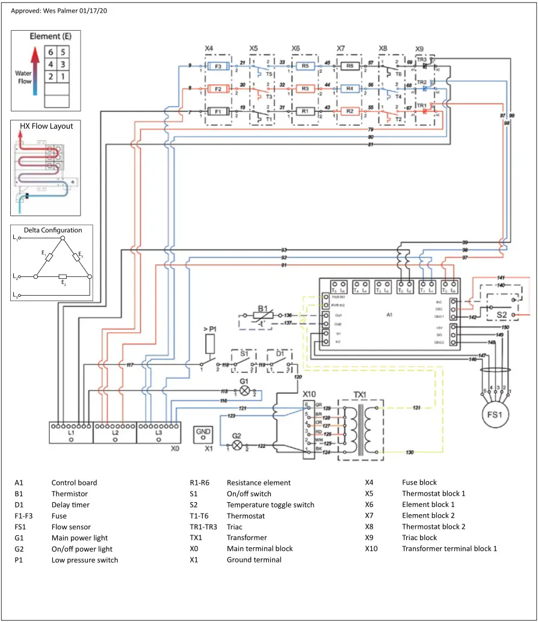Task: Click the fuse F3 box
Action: click(218, 66)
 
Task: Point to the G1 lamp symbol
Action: click(244, 390)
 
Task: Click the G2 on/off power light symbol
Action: click(237, 446)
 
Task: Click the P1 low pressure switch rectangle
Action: click(210, 344)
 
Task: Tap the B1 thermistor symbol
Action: click(263, 315)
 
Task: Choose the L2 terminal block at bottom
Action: click(116, 433)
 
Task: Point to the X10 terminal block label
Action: click(311, 393)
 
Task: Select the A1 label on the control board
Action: click(390, 314)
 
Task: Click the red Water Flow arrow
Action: click(36, 66)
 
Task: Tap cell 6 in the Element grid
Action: click(52, 52)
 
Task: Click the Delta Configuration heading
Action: click(53, 230)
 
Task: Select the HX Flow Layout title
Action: click(46, 126)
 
